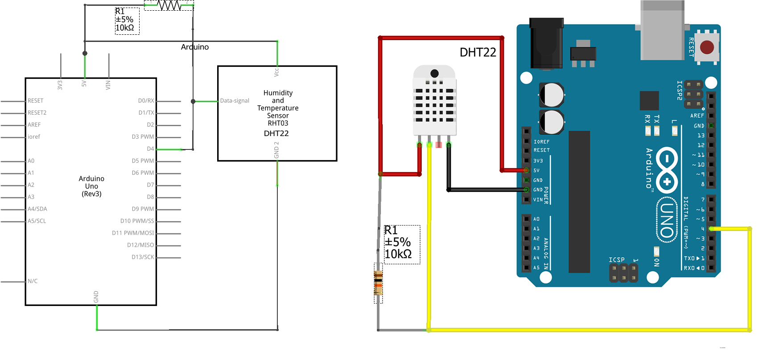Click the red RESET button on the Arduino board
tap(707, 47)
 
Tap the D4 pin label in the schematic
tap(150, 149)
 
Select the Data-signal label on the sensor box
tap(235, 101)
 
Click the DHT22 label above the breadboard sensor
tap(478, 53)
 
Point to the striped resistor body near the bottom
tap(378, 283)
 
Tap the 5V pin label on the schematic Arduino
tap(84, 83)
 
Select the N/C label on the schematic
tap(33, 281)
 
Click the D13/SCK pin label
tap(143, 257)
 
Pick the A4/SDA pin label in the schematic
tap(37, 209)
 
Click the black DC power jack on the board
tap(546, 43)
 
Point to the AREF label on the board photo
tap(697, 116)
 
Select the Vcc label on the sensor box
tap(276, 72)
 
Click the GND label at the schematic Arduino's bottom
tap(96, 297)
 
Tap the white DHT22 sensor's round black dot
tap(434, 73)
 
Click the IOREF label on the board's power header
tap(541, 142)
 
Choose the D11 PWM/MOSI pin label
tap(133, 233)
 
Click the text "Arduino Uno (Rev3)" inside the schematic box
tap(91, 186)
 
